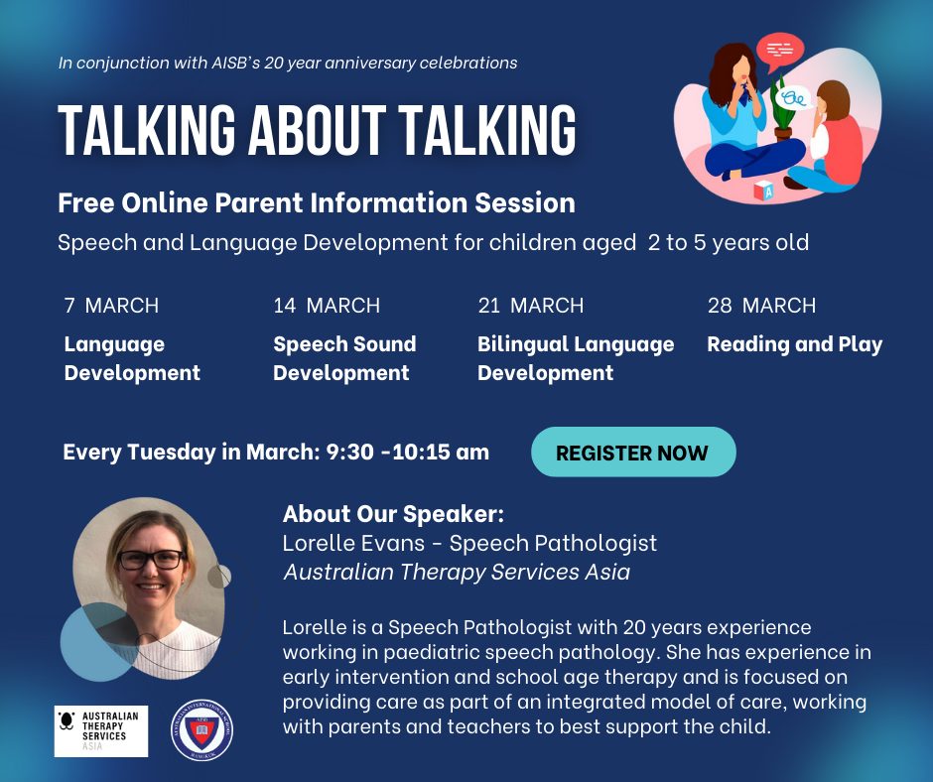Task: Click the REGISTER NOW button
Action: (633, 452)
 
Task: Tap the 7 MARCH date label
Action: (111, 306)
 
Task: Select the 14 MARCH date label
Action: (327, 306)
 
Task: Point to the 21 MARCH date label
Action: (531, 306)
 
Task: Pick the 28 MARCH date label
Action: (761, 306)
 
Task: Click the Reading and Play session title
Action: (794, 344)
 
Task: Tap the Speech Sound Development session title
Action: (344, 358)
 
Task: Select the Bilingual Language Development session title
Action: (576, 358)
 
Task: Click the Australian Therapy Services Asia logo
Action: (101, 731)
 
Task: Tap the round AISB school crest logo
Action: (201, 730)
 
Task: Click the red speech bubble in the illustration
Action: (779, 52)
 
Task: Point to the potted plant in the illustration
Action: (782, 110)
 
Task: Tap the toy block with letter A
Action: (764, 192)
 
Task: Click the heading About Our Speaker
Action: (393, 514)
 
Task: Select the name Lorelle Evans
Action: (353, 543)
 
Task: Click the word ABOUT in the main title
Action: (317, 131)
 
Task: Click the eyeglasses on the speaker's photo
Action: (152, 560)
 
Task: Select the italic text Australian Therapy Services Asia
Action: (457, 572)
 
